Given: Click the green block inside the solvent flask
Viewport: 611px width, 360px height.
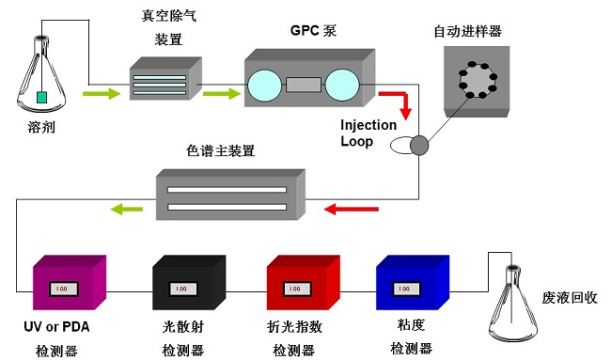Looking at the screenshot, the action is [x=41, y=97].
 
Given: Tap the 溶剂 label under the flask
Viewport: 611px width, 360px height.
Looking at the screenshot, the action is [x=41, y=127].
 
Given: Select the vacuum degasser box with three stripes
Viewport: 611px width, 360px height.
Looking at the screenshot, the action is [x=165, y=78].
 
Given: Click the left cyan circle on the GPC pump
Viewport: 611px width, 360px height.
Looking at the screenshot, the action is [x=265, y=86].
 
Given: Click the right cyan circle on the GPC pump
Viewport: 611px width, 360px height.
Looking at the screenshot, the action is [x=342, y=85].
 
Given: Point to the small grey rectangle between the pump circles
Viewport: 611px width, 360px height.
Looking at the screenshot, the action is [x=304, y=85].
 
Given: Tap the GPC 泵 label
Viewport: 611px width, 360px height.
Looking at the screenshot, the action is [x=313, y=30].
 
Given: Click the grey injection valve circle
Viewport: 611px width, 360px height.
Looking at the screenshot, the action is [x=419, y=146].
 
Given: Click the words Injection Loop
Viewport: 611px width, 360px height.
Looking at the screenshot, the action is [x=368, y=133].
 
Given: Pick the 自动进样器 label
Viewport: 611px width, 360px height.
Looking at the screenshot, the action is [x=467, y=31].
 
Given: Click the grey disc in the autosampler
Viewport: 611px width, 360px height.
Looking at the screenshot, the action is [x=478, y=80].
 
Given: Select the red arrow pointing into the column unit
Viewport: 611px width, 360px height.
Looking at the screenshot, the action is [x=352, y=210].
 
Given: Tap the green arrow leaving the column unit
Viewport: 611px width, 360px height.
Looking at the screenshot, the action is [x=127, y=210].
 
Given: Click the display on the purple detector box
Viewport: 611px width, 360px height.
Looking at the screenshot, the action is [x=64, y=289].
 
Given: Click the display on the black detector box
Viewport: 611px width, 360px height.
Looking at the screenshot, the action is [x=182, y=289].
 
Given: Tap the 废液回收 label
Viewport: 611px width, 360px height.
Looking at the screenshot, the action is [x=570, y=298].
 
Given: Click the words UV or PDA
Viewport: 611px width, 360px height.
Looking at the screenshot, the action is [x=56, y=326].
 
